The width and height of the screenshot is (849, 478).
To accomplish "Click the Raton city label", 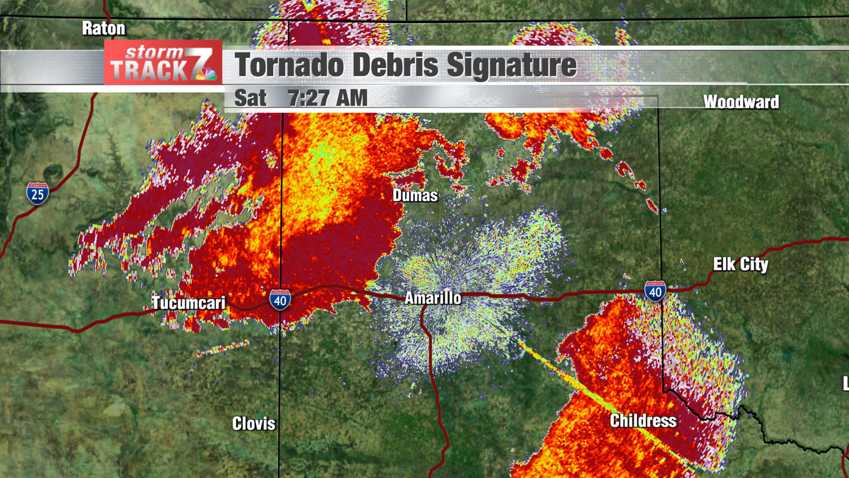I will tap(103, 28).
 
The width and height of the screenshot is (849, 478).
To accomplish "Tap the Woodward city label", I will tap(741, 102).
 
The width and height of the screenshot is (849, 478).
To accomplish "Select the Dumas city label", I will tap(415, 195).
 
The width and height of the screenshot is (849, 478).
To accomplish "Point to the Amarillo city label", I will tap(432, 298).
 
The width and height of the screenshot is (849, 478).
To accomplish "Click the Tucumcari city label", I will tap(188, 303).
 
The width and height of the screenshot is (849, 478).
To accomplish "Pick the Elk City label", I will tap(740, 264).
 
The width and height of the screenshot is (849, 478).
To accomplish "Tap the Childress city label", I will tap(643, 421).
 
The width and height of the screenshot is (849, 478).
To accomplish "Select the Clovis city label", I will tap(254, 424).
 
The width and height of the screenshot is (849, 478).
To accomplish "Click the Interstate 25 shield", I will tap(37, 193).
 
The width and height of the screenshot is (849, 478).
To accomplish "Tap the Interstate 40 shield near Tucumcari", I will tap(280, 300).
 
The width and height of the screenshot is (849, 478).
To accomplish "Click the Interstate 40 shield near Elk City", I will tap(655, 291).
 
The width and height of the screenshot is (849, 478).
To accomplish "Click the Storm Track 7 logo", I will tap(163, 62).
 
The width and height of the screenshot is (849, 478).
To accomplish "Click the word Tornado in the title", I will tap(289, 65).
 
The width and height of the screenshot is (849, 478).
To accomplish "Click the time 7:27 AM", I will tap(327, 98).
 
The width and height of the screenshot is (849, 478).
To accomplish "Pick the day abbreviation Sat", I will tap(250, 98).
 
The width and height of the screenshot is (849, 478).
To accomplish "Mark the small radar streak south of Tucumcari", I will tap(223, 348).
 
